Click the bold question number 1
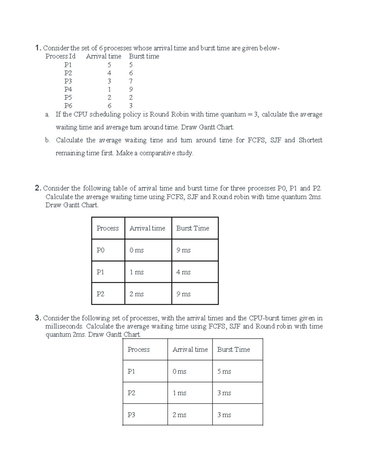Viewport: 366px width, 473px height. [x=38, y=48]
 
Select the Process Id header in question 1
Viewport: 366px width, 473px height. [x=60, y=56]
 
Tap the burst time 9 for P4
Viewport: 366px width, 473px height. [x=131, y=90]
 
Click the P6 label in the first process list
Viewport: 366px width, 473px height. [x=68, y=106]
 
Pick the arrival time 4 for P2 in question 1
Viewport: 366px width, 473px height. [x=109, y=73]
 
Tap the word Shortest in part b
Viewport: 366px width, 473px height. [x=310, y=140]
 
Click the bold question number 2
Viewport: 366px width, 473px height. [x=38, y=189]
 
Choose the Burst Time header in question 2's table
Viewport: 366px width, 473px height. [x=192, y=228]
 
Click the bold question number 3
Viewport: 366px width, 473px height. [x=38, y=318]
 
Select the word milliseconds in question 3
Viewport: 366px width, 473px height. [x=64, y=327]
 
